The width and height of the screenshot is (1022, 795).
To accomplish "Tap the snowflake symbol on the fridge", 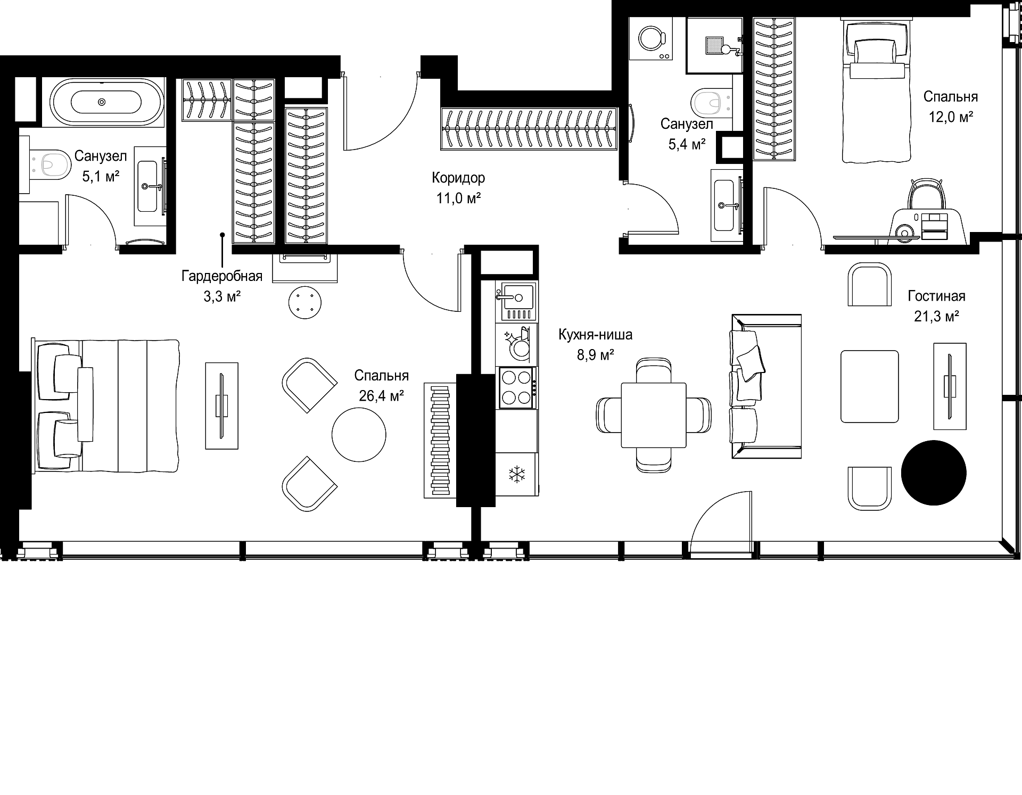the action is click(x=515, y=475).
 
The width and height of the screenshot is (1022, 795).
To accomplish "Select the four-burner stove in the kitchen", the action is click(x=516, y=388).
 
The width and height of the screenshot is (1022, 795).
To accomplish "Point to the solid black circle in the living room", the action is click(x=934, y=473).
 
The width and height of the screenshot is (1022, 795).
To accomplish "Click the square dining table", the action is click(x=654, y=415).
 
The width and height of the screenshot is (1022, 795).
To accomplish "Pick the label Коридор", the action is click(x=458, y=177).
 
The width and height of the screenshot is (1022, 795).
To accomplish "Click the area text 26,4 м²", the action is click(x=381, y=396).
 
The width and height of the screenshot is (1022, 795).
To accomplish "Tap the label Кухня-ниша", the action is click(x=595, y=335).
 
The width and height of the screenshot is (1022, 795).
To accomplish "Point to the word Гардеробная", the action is click(x=222, y=276).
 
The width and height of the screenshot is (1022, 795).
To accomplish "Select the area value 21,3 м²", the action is click(x=936, y=317).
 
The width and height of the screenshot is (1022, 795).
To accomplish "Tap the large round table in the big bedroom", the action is click(x=359, y=434).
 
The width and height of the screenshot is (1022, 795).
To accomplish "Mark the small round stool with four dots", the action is click(x=305, y=302).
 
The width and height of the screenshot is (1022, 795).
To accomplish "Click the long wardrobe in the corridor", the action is click(x=529, y=128).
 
